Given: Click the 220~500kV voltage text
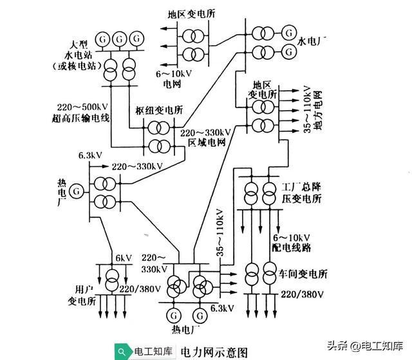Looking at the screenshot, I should pyautogui.click(x=79, y=107).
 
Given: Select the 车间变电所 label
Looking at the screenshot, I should pyautogui.click(x=303, y=274).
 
